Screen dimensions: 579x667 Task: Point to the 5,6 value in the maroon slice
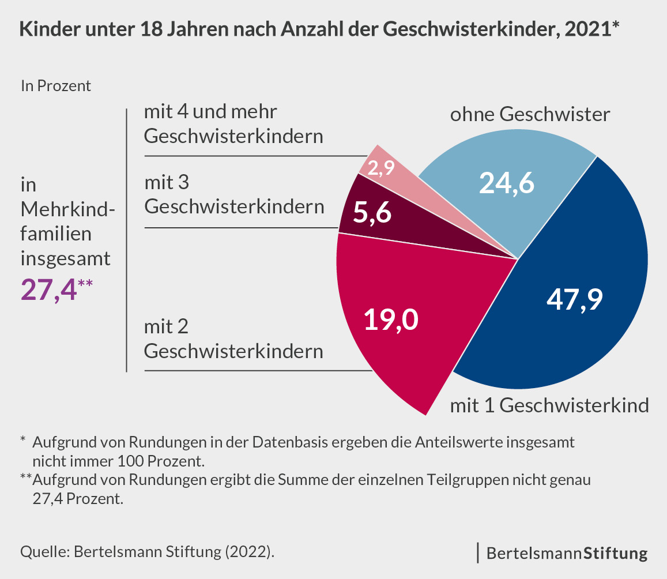click(x=372, y=214)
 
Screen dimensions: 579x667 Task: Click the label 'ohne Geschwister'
click(x=529, y=114)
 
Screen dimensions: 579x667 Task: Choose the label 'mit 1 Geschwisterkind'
click(x=549, y=405)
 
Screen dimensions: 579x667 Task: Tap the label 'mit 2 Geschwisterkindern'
click(x=233, y=339)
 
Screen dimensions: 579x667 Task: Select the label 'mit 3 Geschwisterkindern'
click(x=233, y=194)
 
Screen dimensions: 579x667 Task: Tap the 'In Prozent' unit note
click(x=56, y=87)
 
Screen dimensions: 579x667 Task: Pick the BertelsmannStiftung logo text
click(x=567, y=554)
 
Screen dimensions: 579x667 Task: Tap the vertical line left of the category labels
click(x=126, y=239)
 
